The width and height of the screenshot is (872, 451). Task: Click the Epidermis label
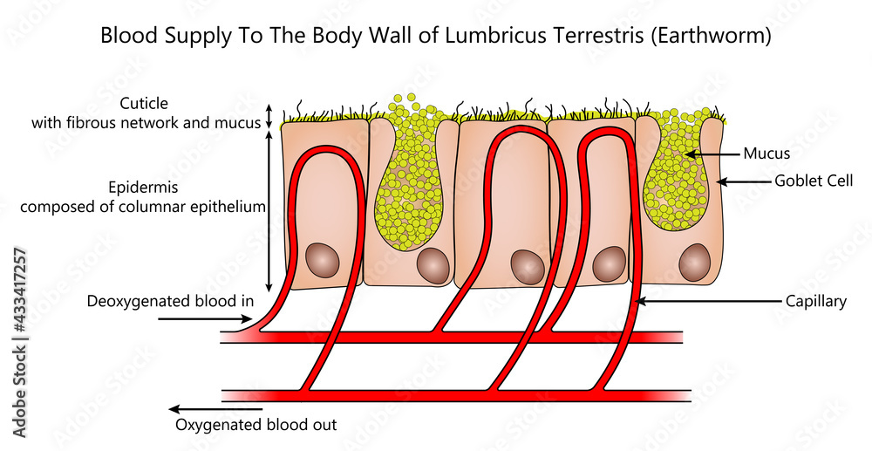(x=142, y=187)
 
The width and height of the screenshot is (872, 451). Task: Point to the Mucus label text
(x=766, y=154)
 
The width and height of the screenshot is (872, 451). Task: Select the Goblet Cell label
(x=814, y=181)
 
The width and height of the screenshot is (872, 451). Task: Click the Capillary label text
(x=815, y=301)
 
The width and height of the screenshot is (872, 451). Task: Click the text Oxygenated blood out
(x=256, y=425)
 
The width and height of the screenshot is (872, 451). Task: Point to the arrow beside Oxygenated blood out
(x=214, y=408)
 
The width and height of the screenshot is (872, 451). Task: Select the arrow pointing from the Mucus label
(x=710, y=154)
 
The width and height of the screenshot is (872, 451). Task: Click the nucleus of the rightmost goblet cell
(x=695, y=261)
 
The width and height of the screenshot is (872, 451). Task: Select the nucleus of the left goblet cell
(x=433, y=264)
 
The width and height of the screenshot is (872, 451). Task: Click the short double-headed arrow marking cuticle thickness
(x=269, y=116)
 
